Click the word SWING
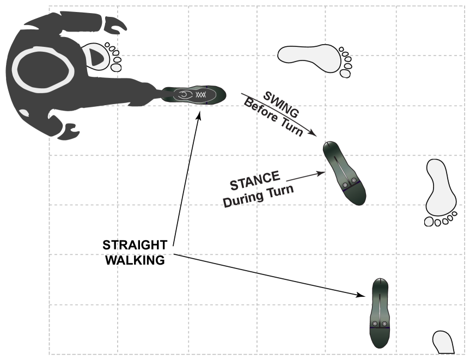[x=281, y=105]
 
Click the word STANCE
[x=255, y=181]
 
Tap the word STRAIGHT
[x=135, y=245]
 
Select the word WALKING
[x=135, y=260]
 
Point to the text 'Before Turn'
[x=273, y=117]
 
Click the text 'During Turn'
[x=258, y=196]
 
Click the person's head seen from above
[x=43, y=70]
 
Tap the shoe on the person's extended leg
[x=194, y=95]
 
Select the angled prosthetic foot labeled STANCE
[x=344, y=173]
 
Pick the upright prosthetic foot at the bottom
[x=380, y=313]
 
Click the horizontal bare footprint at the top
[x=314, y=59]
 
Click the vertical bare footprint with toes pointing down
[x=441, y=192]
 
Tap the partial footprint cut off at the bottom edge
[x=443, y=343]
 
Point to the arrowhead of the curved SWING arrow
[x=313, y=133]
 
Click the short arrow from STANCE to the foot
[x=306, y=176]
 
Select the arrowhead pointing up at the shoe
[x=198, y=114]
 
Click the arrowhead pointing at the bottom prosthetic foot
[x=361, y=295]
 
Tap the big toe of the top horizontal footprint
[x=345, y=74]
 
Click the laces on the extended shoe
[x=200, y=95]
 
